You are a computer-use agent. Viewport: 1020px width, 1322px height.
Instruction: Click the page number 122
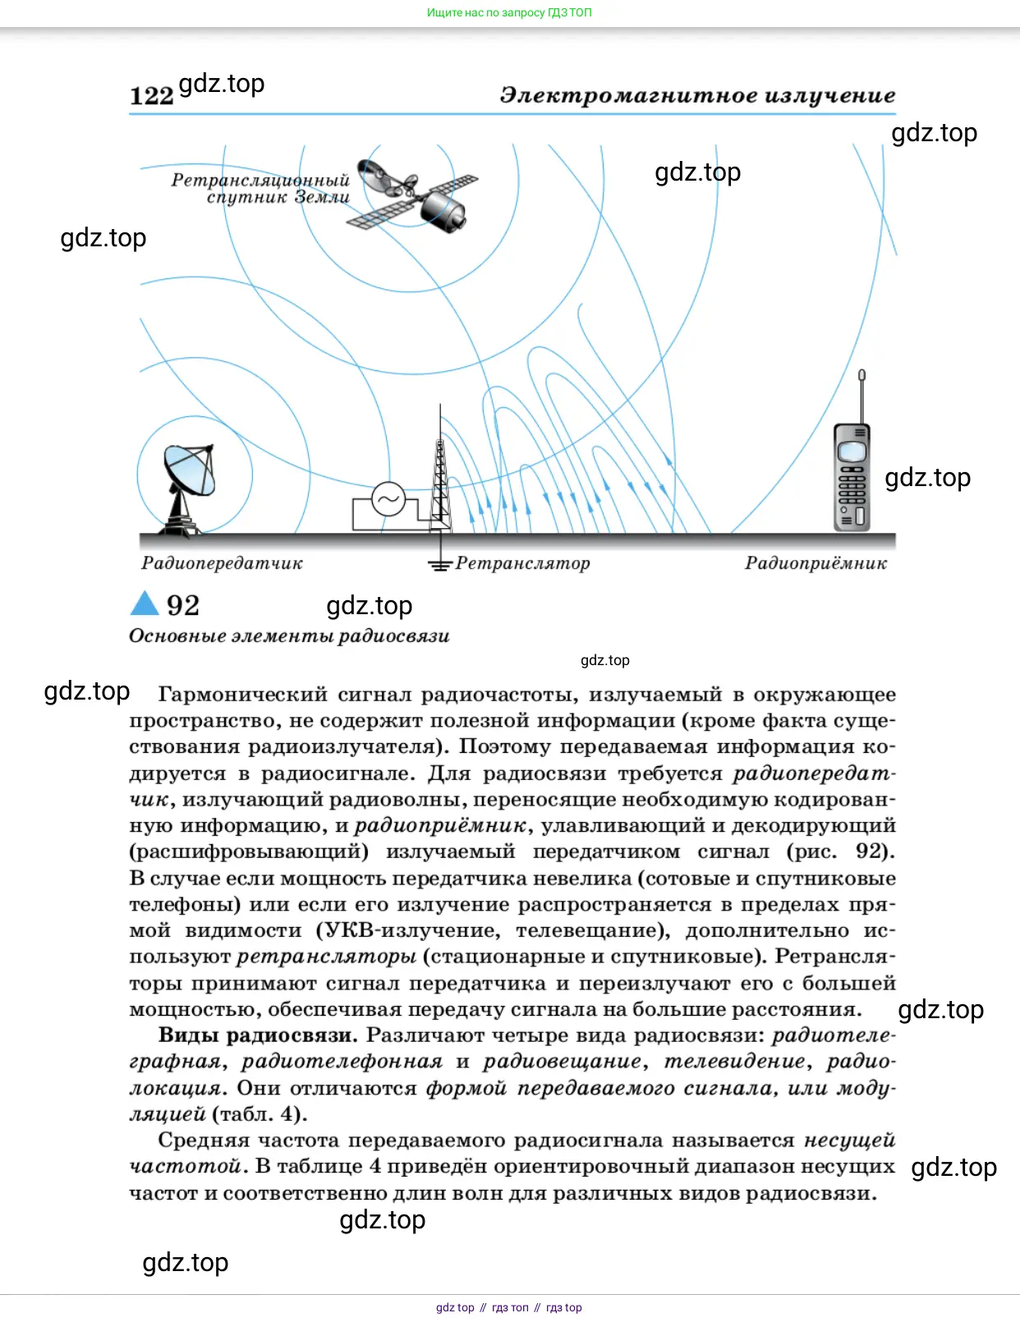pyautogui.click(x=152, y=96)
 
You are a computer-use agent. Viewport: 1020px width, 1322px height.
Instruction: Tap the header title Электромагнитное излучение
pyautogui.click(x=697, y=95)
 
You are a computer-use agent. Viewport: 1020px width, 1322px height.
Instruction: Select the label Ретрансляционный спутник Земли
pyautogui.click(x=261, y=189)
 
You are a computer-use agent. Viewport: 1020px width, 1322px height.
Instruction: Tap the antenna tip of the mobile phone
pyautogui.click(x=861, y=376)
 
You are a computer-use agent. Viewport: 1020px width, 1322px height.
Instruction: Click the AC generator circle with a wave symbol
pyautogui.click(x=388, y=498)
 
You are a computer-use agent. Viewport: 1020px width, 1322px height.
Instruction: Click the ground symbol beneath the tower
pyautogui.click(x=440, y=564)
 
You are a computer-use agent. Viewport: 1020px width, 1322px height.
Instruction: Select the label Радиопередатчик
pyautogui.click(x=222, y=563)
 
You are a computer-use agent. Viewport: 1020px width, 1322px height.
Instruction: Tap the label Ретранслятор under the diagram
pyautogui.click(x=523, y=563)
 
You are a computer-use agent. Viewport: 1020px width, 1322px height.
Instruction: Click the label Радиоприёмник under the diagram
pyautogui.click(x=816, y=563)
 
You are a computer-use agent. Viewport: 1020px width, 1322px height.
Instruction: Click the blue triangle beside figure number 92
pyautogui.click(x=145, y=604)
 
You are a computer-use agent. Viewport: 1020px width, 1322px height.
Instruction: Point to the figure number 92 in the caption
pyautogui.click(x=183, y=606)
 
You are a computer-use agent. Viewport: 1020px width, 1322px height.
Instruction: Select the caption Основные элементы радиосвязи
pyautogui.click(x=289, y=636)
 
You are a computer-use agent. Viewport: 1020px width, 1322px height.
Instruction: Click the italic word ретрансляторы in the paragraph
pyautogui.click(x=327, y=957)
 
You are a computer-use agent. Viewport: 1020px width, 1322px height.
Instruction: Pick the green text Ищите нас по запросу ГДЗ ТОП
pyautogui.click(x=509, y=12)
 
